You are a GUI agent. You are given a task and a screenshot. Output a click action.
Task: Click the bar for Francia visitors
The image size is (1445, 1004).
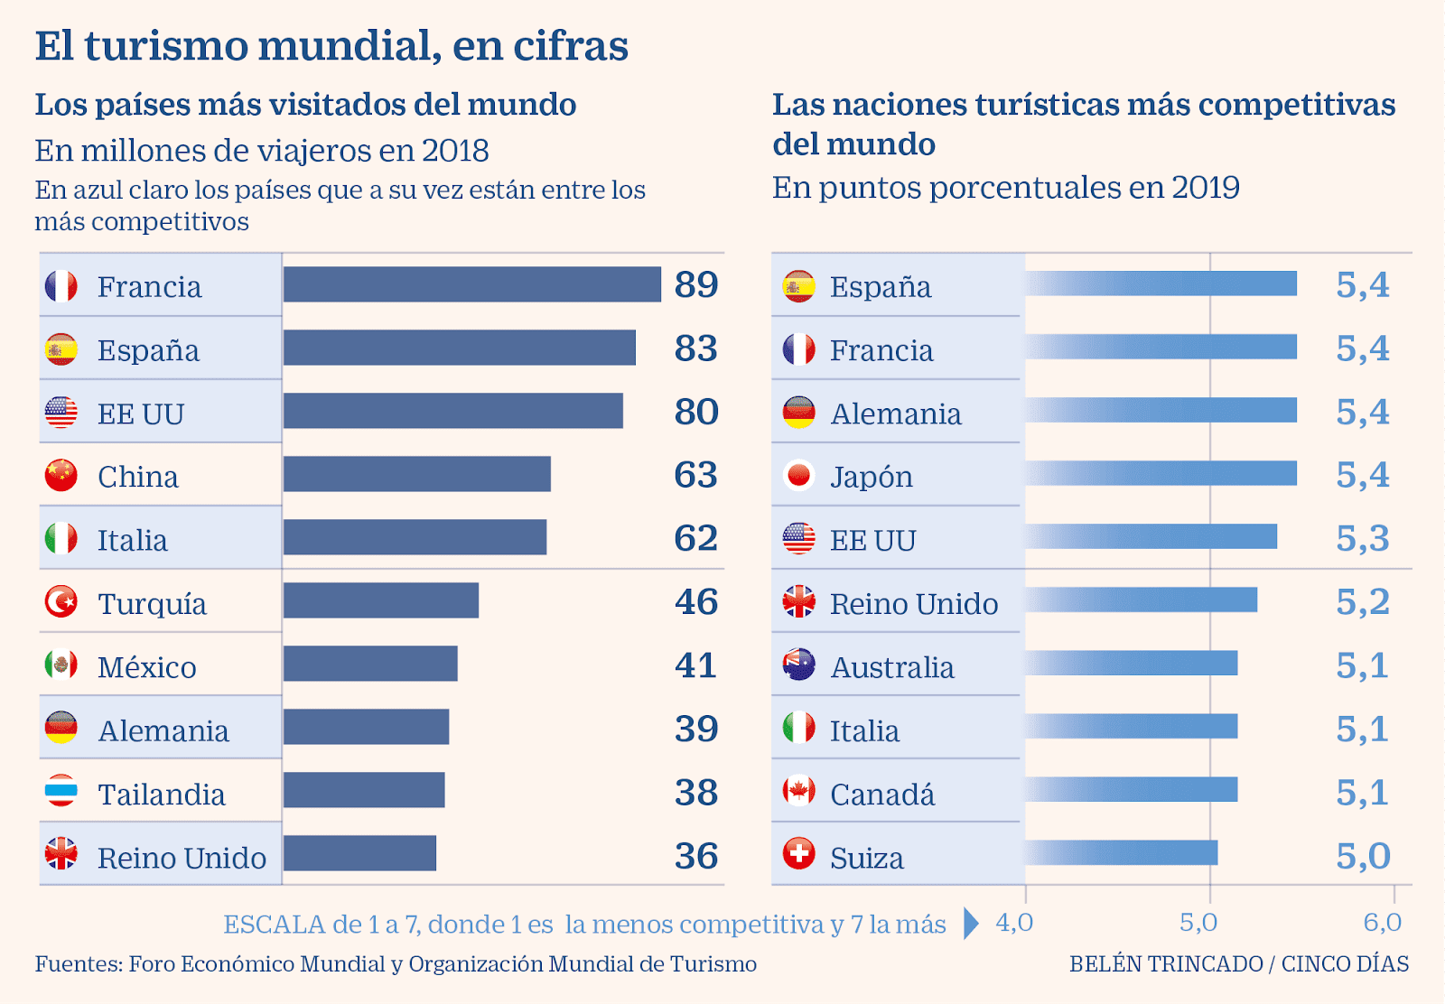tap(471, 284)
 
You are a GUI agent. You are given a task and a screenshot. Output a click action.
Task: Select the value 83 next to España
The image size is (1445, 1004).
tap(695, 349)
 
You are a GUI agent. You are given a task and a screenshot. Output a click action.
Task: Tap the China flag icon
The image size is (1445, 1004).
tap(61, 475)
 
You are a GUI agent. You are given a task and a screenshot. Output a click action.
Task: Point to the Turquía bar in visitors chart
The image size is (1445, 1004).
tap(380, 600)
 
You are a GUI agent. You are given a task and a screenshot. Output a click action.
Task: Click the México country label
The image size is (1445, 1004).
tap(146, 667)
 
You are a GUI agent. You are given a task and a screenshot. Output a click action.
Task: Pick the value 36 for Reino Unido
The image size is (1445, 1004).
tap(695, 856)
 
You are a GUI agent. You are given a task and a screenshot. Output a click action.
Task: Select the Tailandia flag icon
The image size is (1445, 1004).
tap(61, 792)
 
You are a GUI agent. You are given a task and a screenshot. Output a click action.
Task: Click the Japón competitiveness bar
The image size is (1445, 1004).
tap(1161, 473)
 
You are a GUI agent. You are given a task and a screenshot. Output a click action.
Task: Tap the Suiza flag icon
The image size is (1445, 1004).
tap(798, 854)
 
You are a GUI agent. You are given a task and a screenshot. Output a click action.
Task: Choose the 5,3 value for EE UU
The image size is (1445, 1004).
tap(1362, 539)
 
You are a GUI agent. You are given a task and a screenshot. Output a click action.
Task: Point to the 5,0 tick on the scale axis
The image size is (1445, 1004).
tap(1198, 922)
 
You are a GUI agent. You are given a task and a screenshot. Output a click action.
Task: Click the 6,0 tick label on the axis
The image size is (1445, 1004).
tap(1382, 922)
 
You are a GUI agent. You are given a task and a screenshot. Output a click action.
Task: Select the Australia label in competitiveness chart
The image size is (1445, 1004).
tap(891, 667)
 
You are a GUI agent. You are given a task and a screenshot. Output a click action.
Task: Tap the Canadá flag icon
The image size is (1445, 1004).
tap(798, 792)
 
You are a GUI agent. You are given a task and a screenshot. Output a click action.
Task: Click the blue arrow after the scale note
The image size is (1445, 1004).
tap(971, 923)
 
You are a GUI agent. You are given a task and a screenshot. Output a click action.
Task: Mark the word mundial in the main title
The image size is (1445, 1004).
tap(349, 46)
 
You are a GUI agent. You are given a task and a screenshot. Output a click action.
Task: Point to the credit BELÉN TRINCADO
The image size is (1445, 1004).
tap(1165, 964)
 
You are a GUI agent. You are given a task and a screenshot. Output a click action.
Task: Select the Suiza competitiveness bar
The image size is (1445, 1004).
tap(1121, 852)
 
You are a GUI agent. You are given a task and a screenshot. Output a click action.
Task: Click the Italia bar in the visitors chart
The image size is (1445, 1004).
tap(415, 537)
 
